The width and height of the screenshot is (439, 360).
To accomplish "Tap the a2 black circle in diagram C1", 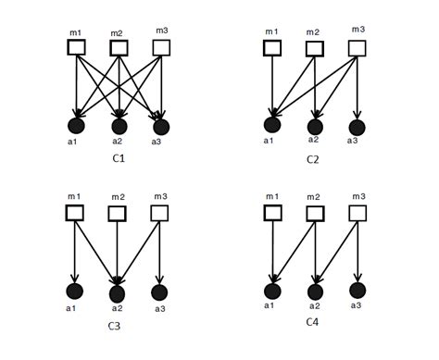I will pyautogui.click(x=119, y=126).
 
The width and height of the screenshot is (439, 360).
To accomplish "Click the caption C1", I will pyautogui.click(x=119, y=158).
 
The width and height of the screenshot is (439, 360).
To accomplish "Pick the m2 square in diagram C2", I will pyautogui.click(x=313, y=47).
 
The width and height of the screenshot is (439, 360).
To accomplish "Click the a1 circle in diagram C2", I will pyautogui.click(x=271, y=125).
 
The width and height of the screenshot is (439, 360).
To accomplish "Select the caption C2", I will pyautogui.click(x=313, y=159).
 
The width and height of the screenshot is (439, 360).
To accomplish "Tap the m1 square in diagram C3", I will pyautogui.click(x=75, y=214).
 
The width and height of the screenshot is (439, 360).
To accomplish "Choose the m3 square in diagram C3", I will pyautogui.click(x=159, y=214).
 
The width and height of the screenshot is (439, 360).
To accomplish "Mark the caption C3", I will pyautogui.click(x=114, y=325).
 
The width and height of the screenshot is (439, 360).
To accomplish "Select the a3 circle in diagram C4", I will pyautogui.click(x=357, y=290).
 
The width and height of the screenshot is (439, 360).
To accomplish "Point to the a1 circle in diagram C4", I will pyautogui.click(x=271, y=290).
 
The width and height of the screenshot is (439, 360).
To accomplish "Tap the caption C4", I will pyautogui.click(x=313, y=323).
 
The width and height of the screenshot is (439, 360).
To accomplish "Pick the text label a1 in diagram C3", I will pyautogui.click(x=72, y=307).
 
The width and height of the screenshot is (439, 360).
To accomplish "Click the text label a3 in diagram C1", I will pyautogui.click(x=157, y=142).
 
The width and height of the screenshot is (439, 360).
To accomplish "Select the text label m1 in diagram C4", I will pyautogui.click(x=270, y=197).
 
